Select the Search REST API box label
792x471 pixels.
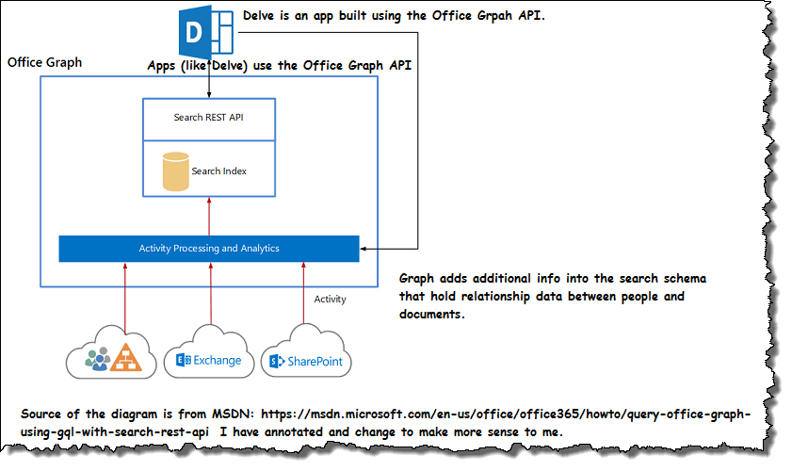coord(208,118)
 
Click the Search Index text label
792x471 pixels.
coord(218,171)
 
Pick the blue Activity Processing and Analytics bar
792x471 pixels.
coord(208,249)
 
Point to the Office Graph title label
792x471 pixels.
coord(44,63)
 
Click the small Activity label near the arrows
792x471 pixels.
coord(330,300)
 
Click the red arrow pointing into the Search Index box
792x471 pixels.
coord(208,216)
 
